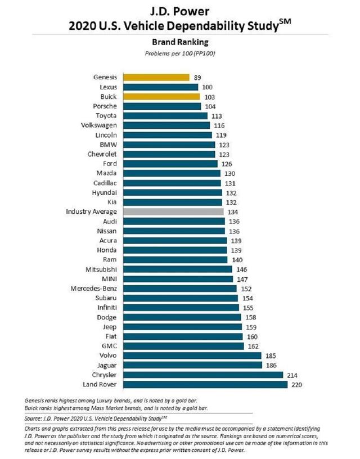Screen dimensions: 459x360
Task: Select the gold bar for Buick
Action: [x=160, y=96]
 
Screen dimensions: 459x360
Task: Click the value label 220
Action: [x=296, y=384]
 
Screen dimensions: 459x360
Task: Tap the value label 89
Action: [x=197, y=77]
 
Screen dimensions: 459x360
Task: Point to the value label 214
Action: [x=292, y=375]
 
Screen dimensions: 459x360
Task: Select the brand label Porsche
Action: [x=105, y=106]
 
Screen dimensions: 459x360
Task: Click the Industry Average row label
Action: [x=91, y=211]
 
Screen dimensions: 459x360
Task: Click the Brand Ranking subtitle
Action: [x=180, y=41]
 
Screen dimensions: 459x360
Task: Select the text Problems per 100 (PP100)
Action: [x=180, y=53]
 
